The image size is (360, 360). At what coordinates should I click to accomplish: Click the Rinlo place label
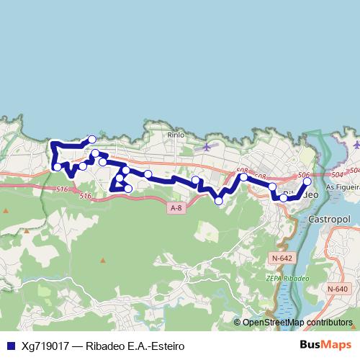point(176,134)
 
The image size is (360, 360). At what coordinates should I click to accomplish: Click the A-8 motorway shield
point(176,208)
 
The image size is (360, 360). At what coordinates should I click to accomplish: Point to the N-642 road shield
point(282,257)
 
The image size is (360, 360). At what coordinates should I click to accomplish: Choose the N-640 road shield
point(336,289)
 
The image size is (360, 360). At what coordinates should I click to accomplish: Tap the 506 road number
point(303,175)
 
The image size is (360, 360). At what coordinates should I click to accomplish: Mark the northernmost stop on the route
point(92,140)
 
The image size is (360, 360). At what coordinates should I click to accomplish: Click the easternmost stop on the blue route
point(307,182)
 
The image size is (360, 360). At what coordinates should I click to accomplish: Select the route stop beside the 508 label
point(243,176)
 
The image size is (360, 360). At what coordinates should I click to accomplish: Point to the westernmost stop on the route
point(58,167)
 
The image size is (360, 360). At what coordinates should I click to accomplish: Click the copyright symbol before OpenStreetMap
point(238,323)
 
